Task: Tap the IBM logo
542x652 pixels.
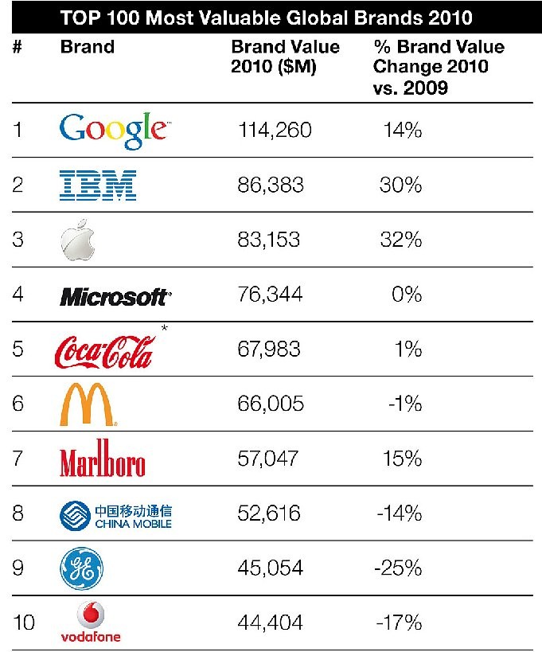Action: coord(99,185)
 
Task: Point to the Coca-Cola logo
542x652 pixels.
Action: coord(103,349)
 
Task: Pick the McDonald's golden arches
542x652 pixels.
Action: coord(88,404)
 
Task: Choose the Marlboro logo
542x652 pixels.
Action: coord(103,459)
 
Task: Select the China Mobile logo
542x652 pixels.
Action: coord(116,514)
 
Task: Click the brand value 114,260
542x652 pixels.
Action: coord(275,130)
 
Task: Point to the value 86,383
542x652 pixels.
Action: coord(271,185)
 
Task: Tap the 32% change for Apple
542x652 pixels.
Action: coord(400,239)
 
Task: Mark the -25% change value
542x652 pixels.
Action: coord(397,567)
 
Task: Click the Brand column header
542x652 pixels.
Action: coord(87,46)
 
